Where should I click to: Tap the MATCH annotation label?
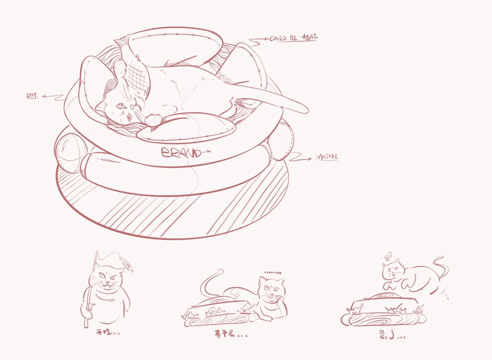pyautogui.click(x=327, y=157)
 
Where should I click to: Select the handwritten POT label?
pyautogui.click(x=32, y=96)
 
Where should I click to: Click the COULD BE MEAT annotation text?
pyautogui.click(x=293, y=38)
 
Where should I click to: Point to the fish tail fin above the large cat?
pyautogui.click(x=122, y=41)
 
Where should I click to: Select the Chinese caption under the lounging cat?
pyautogui.click(x=231, y=334)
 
